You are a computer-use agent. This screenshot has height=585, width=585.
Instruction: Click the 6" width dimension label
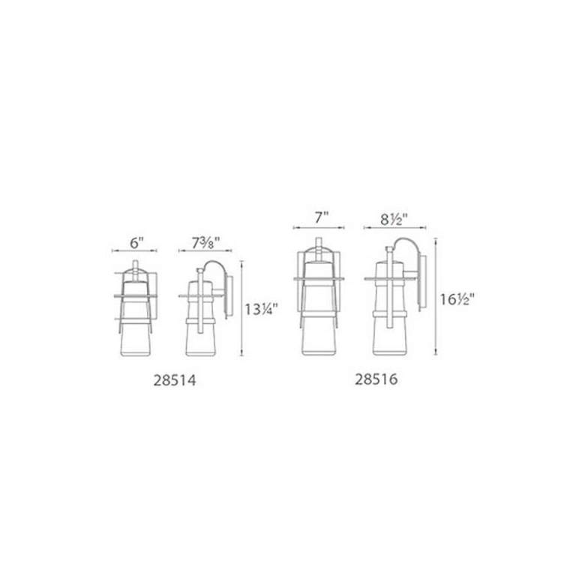pyautogui.click(x=137, y=243)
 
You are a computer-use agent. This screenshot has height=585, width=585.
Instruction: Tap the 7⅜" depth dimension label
pyautogui.click(x=206, y=243)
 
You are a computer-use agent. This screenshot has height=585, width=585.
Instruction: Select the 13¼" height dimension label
pyautogui.click(x=261, y=309)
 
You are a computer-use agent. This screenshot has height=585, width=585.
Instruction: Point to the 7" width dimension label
pyautogui.click(x=321, y=217)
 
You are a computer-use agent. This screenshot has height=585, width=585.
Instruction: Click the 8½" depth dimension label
pyautogui.click(x=394, y=219)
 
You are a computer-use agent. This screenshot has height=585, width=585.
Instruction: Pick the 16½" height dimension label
pyautogui.click(x=457, y=299)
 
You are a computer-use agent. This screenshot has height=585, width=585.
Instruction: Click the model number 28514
pyautogui.click(x=175, y=380)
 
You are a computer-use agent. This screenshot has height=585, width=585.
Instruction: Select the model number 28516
pyautogui.click(x=376, y=379)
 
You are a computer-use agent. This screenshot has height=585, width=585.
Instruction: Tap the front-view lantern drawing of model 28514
pyautogui.click(x=136, y=308)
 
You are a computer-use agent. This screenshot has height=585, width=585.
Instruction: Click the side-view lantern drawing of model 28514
pyautogui.click(x=206, y=308)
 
